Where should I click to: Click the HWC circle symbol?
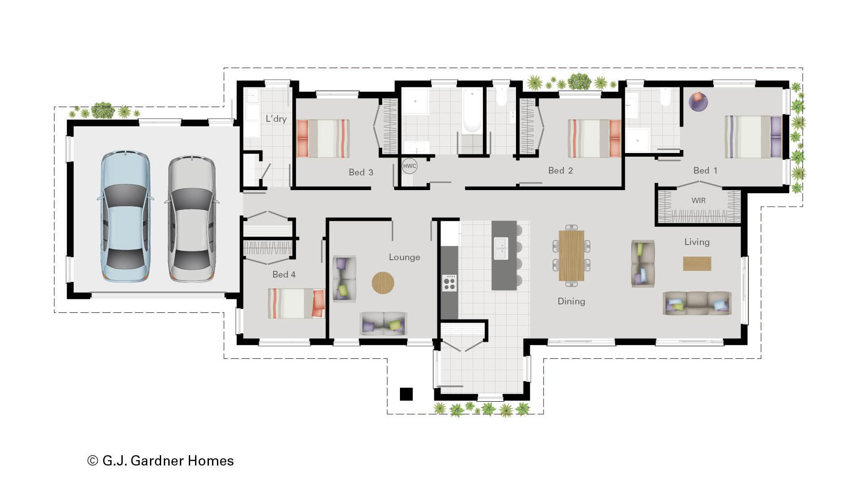tap(409, 166)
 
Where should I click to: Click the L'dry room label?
tap(276, 119)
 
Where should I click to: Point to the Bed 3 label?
tap(361, 172)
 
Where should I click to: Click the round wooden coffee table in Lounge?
tap(383, 283)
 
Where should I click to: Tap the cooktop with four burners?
tap(449, 283)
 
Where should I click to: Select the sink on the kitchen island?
tap(501, 249)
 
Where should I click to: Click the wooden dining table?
tap(571, 255)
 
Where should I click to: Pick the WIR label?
tap(699, 200)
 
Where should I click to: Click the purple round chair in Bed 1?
tap(698, 101)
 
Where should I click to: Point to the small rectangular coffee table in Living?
tap(697, 263)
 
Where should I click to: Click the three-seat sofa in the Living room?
tap(697, 303)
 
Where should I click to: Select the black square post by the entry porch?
tap(406, 394)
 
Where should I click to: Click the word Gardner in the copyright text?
tap(157, 461)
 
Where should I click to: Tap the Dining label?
tap(571, 301)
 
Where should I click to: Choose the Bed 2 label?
tap(560, 170)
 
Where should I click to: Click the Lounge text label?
tap(404, 257)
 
